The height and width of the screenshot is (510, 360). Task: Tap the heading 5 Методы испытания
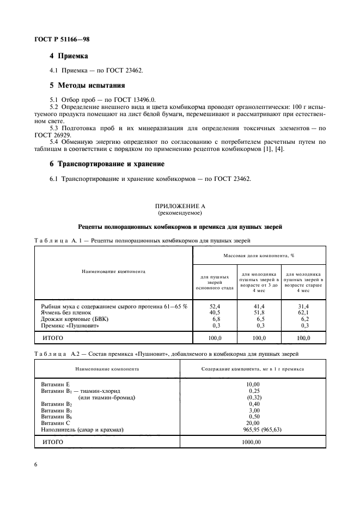[x=87, y=86]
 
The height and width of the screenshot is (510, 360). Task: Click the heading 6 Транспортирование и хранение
[x=107, y=163]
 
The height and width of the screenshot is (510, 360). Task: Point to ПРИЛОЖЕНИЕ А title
[x=180, y=206]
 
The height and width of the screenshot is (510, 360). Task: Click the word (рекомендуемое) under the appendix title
[x=180, y=213]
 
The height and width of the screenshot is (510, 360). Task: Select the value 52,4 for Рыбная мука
[x=214, y=307]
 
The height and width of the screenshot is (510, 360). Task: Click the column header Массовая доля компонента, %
[x=259, y=255]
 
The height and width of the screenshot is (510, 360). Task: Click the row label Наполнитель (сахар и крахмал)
[x=82, y=429]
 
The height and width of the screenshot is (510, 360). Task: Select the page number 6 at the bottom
[x=35, y=464]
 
